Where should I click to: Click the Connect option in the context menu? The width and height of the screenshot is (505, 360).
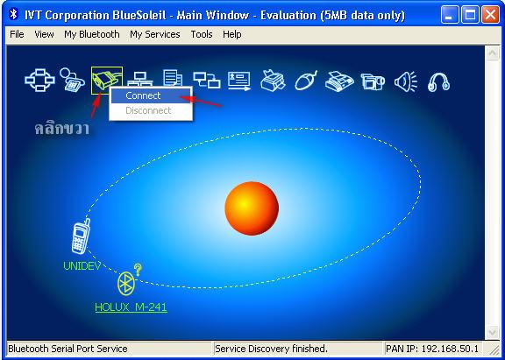coord(143,95)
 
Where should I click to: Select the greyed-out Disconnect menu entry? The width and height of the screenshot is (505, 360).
coord(148,110)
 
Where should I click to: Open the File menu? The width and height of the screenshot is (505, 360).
coord(17,34)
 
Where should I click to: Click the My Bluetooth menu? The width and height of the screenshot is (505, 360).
coord(92,34)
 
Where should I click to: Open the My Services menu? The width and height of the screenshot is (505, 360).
coord(155,34)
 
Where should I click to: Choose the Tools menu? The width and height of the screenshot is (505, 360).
coord(202,34)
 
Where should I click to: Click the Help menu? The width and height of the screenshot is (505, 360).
coord(231,34)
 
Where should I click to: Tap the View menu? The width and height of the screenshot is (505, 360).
coord(44,34)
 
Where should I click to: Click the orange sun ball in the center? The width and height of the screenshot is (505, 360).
coord(252,208)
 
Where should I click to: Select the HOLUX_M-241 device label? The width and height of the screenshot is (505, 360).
coord(131,307)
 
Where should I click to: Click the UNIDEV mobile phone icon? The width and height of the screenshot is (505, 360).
coord(80,236)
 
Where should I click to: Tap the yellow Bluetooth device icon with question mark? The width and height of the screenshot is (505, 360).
coord(129,280)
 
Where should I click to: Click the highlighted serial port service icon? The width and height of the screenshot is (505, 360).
coord(107,81)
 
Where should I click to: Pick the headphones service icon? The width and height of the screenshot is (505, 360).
coord(438,81)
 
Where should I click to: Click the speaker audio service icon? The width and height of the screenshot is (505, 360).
coord(405,81)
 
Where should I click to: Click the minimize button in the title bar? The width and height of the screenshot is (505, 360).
coord(449,15)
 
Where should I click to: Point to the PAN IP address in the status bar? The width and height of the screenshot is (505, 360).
coord(432,349)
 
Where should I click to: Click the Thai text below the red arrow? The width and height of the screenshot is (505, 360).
coord(61,128)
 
